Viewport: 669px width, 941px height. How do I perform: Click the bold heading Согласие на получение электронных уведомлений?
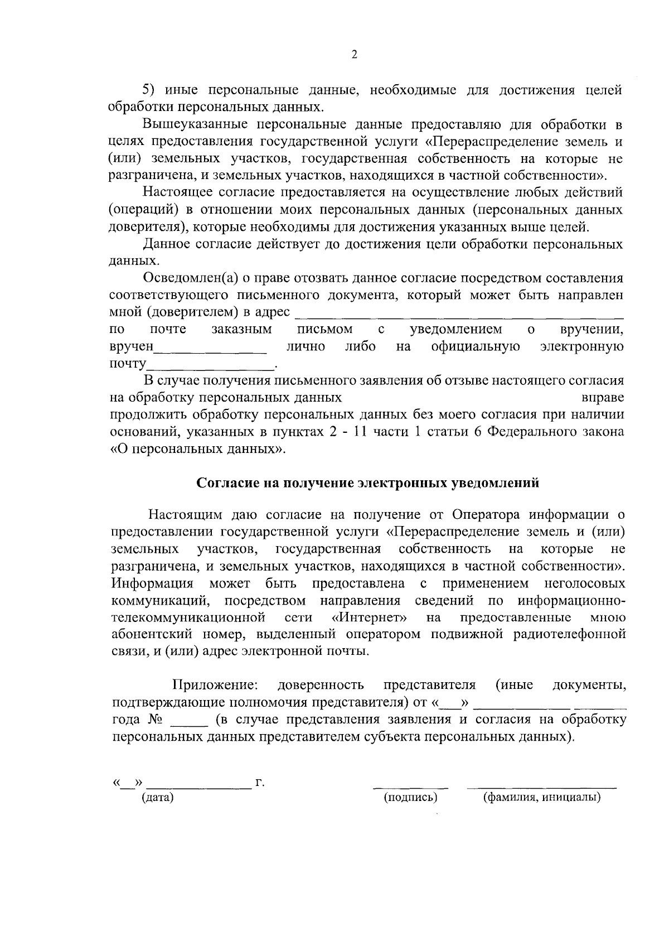pos(369,483)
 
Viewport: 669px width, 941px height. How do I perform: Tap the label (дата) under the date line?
pos(158,798)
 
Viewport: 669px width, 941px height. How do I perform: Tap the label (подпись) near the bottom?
pos(411,798)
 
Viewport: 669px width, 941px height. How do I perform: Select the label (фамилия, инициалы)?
pos(541,798)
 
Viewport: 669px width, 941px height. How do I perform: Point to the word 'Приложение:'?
pos(215,685)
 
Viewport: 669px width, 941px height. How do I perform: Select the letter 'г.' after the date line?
pos(259,783)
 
